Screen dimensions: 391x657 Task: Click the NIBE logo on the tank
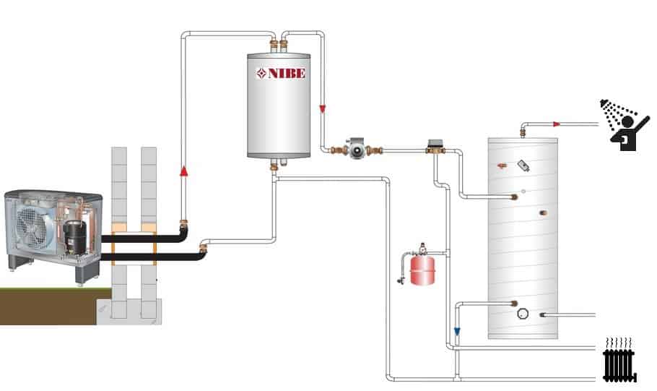[281, 73]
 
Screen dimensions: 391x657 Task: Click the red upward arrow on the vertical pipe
[183, 171]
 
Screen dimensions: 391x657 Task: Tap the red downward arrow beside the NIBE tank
[322, 108]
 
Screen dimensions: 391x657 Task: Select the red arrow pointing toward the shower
[557, 124]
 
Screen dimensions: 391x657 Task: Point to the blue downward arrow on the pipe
[457, 332]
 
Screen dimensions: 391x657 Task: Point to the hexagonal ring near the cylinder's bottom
[523, 314]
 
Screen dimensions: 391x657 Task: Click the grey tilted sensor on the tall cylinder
[524, 166]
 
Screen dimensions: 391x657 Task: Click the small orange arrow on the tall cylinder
[503, 165]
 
